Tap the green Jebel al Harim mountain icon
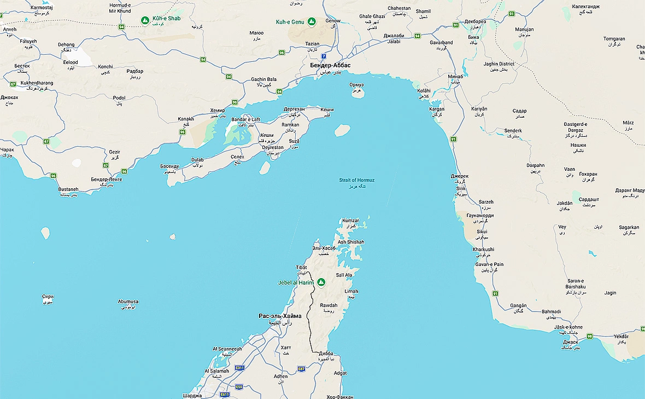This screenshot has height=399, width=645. click(x=321, y=282)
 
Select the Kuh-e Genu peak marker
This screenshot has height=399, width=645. click(x=312, y=21)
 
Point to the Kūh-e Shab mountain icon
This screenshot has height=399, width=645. click(x=145, y=20)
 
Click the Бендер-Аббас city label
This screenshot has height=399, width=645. click(x=330, y=65)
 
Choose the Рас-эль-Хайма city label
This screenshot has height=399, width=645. click(x=280, y=316)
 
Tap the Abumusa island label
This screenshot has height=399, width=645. click(x=128, y=302)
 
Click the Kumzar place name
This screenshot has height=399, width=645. click(x=350, y=221)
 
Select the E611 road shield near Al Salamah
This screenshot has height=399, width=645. click(x=239, y=368)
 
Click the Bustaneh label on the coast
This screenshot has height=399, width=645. click(x=68, y=189)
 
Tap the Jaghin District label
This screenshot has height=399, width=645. click(x=499, y=64)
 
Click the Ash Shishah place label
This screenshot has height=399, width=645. click(x=350, y=242)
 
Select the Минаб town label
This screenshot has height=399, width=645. click(x=455, y=76)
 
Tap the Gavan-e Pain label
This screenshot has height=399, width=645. click(x=489, y=264)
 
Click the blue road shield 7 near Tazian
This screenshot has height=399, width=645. click(x=324, y=56)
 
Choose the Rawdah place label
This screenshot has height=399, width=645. click(x=329, y=305)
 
